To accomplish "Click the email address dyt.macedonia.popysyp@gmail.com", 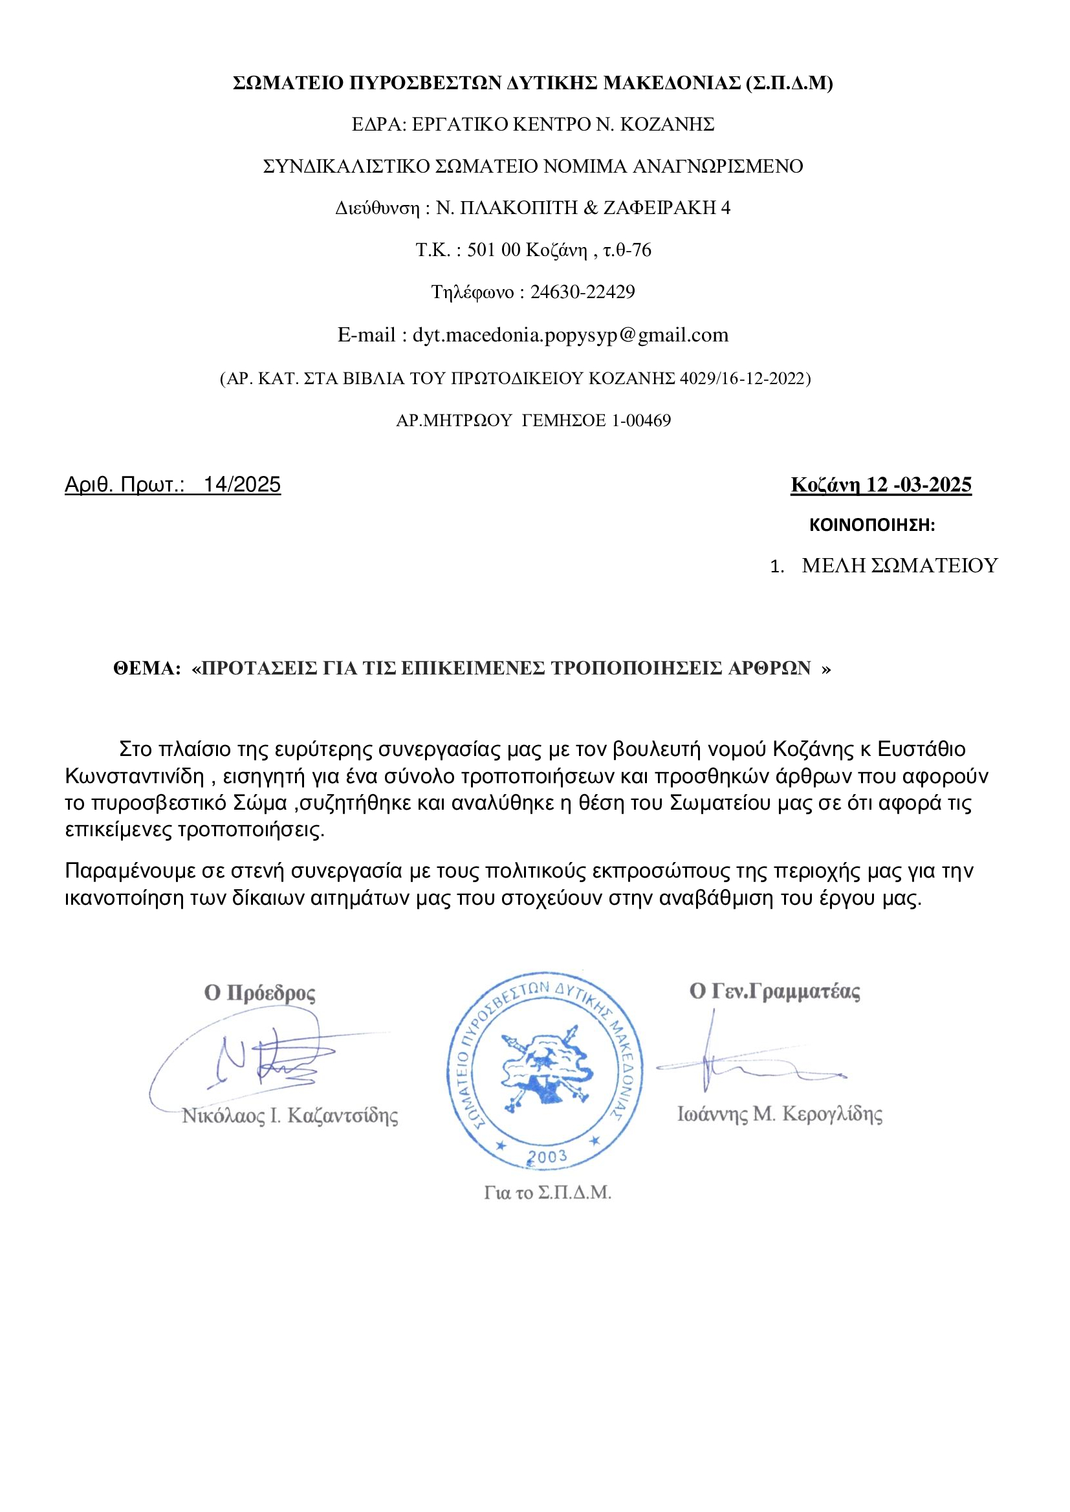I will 570,335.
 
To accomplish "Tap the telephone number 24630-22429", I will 582,292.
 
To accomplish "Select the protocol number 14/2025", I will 242,484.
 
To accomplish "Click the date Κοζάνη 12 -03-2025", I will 881,484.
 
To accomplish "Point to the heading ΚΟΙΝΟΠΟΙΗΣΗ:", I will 871,525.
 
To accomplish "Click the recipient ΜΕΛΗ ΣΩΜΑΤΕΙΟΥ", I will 899,566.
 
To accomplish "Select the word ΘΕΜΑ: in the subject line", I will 147,669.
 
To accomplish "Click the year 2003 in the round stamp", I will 547,1156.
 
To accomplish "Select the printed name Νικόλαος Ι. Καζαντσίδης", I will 290,1116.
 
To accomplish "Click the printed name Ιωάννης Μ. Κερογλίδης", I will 780,1114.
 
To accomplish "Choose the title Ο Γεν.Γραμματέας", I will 774,991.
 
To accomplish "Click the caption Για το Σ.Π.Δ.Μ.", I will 547,1193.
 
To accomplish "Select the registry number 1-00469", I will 641,420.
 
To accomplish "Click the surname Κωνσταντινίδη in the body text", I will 135,777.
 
